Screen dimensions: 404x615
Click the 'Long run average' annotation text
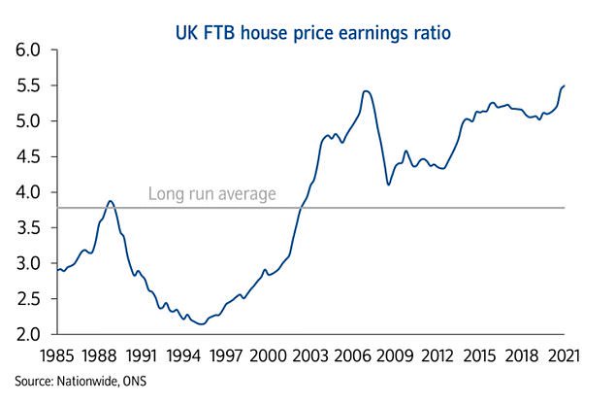click(x=211, y=194)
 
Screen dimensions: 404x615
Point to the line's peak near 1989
click(x=111, y=201)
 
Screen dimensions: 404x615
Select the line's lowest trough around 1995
click(x=200, y=323)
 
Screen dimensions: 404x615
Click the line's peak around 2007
click(x=366, y=91)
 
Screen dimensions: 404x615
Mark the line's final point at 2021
click(x=565, y=85)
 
